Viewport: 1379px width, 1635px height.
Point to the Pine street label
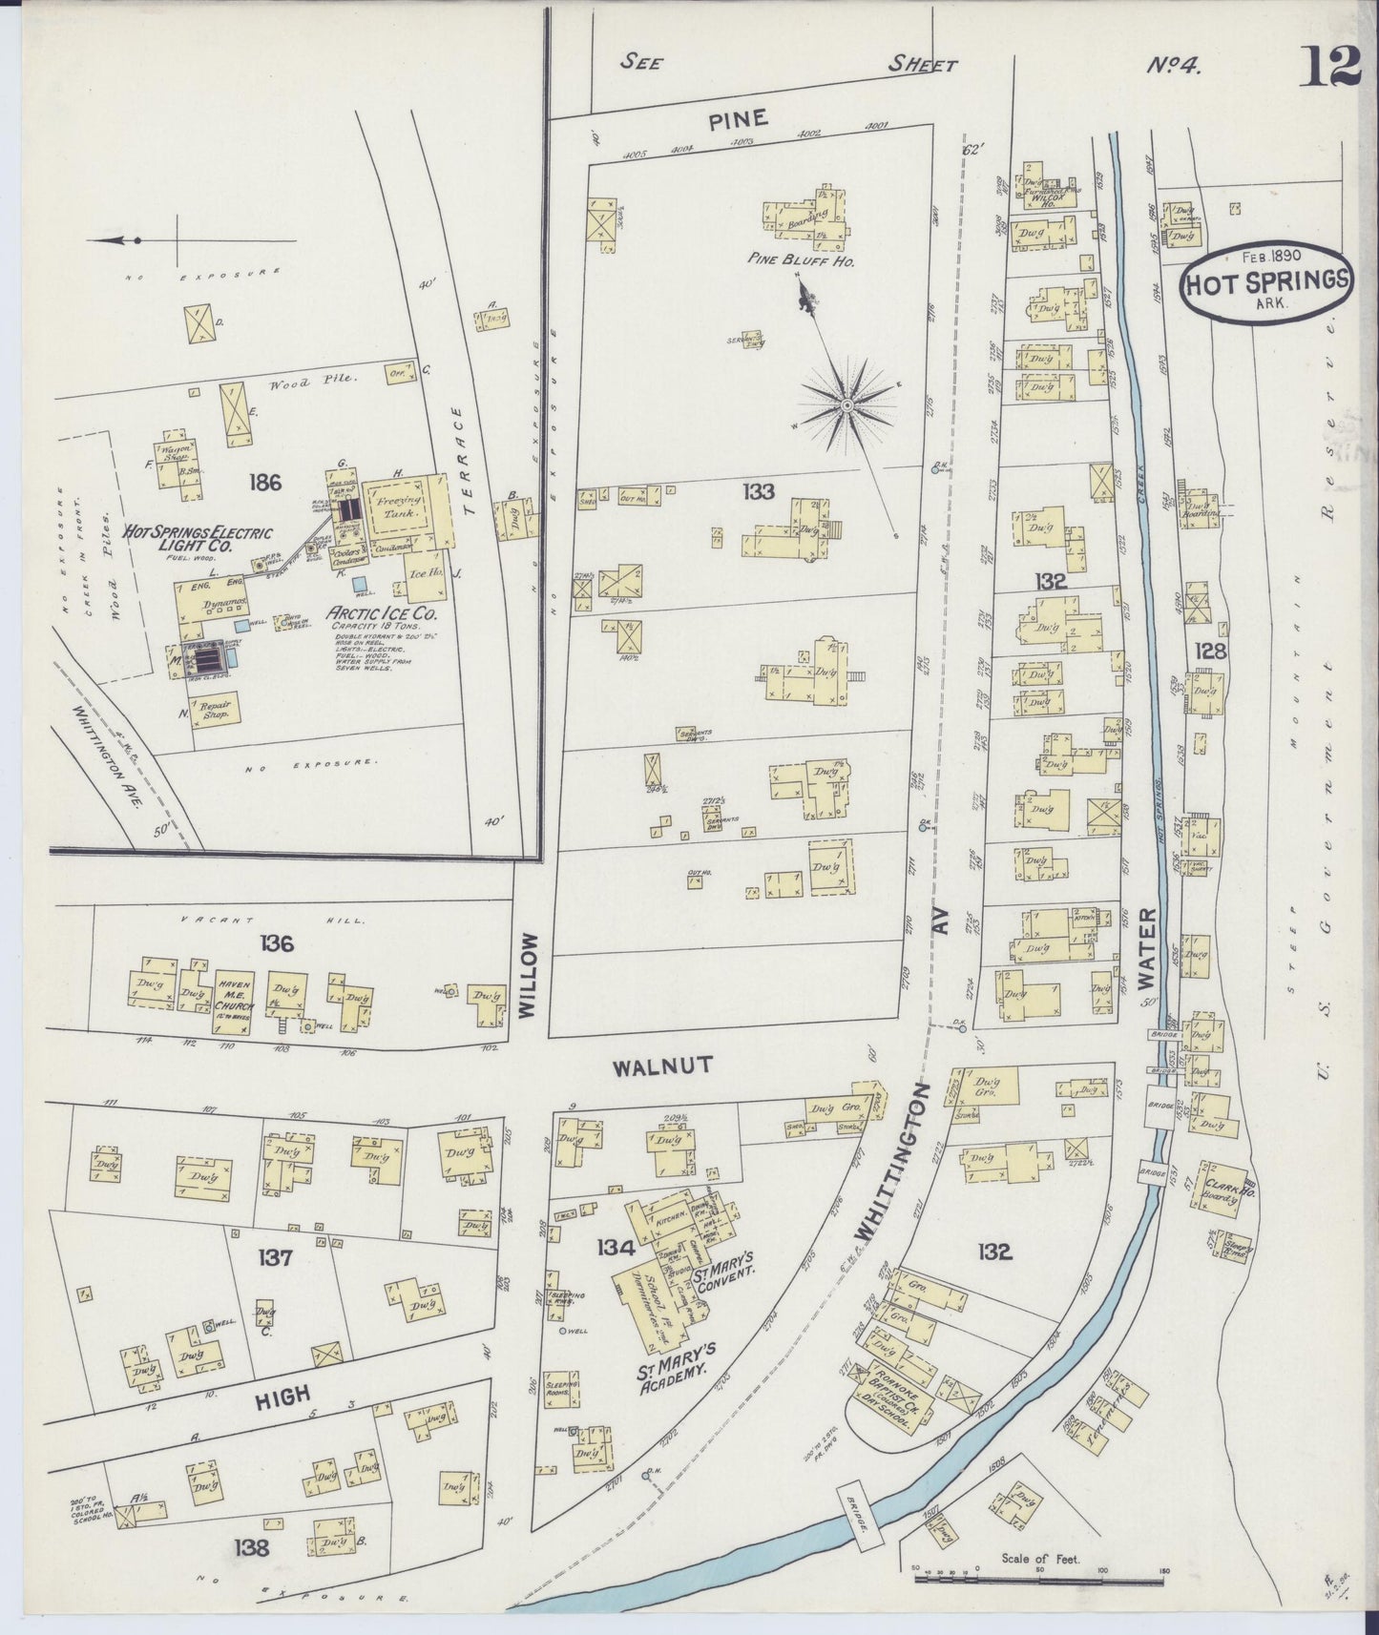click(x=738, y=118)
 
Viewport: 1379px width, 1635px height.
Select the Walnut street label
click(x=662, y=1066)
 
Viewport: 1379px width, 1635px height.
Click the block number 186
click(x=264, y=483)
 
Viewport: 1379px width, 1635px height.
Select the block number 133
click(x=760, y=491)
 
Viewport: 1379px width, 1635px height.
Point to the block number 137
click(x=274, y=1258)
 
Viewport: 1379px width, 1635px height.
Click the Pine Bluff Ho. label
click(x=814, y=259)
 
